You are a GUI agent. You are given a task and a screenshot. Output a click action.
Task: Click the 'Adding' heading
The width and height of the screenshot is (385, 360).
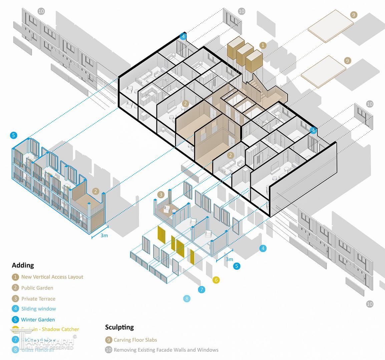coord(23,265)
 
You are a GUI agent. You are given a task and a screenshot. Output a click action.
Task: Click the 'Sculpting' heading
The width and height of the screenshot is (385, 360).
coord(119,327)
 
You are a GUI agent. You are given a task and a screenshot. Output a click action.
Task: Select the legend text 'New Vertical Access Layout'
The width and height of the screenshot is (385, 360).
coord(52,277)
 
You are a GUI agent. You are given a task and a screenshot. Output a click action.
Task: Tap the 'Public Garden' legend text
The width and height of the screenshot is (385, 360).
coord(37,288)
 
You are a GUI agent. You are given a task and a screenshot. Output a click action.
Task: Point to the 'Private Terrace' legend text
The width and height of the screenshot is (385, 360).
coord(38,299)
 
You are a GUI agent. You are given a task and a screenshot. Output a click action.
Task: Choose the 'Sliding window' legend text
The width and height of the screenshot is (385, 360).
coord(38,309)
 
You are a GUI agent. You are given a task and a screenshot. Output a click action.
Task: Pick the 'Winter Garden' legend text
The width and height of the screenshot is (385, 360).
coord(38,319)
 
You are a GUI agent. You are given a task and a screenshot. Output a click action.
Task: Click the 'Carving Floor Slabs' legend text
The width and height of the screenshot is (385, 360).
coord(135,340)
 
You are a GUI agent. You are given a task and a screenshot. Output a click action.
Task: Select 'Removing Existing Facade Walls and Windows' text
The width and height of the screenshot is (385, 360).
coord(166,350)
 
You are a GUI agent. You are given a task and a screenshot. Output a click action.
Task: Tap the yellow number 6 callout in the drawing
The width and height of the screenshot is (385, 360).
coord(216,280)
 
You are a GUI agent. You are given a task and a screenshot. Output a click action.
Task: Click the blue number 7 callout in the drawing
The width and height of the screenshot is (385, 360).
coord(202,289)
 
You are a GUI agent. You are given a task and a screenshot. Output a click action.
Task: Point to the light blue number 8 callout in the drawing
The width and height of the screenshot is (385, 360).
coord(187,298)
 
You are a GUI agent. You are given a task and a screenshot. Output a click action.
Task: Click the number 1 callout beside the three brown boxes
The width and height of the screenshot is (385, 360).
coord(263,45)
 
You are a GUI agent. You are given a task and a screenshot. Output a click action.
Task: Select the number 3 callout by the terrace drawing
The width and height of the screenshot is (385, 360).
coord(161,195)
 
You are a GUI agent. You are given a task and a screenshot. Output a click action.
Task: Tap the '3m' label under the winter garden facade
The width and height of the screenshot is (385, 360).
coord(104,235)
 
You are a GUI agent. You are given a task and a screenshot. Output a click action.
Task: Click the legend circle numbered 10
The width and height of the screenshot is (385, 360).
coord(108,350)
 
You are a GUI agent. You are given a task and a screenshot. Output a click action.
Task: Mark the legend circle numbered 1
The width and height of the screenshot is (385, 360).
coord(15,277)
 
